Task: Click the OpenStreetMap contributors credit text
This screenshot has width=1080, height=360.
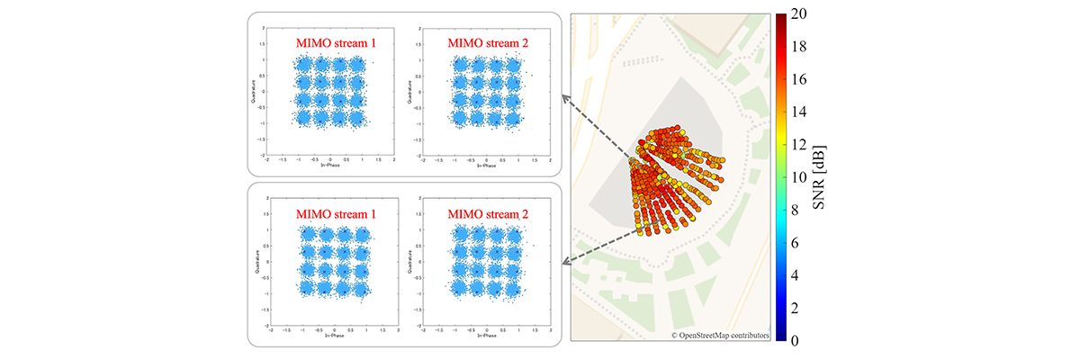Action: coord(720,335)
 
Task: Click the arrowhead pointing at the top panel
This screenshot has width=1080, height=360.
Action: coord(564,96)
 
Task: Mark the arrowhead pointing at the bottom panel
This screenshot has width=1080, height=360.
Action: coord(564,263)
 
